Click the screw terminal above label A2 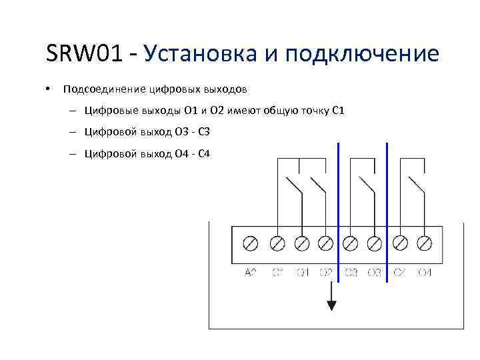tap(251, 243)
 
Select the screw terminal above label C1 tap(277, 243)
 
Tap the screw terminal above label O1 tap(301, 243)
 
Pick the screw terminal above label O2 tap(325, 243)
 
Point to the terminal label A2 tap(251, 272)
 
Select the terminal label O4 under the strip tap(424, 272)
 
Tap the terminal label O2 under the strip tap(325, 272)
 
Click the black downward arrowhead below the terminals tap(331, 305)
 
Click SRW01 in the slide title tap(85, 53)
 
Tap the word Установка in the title tap(199, 53)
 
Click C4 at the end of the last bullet tap(204, 153)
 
